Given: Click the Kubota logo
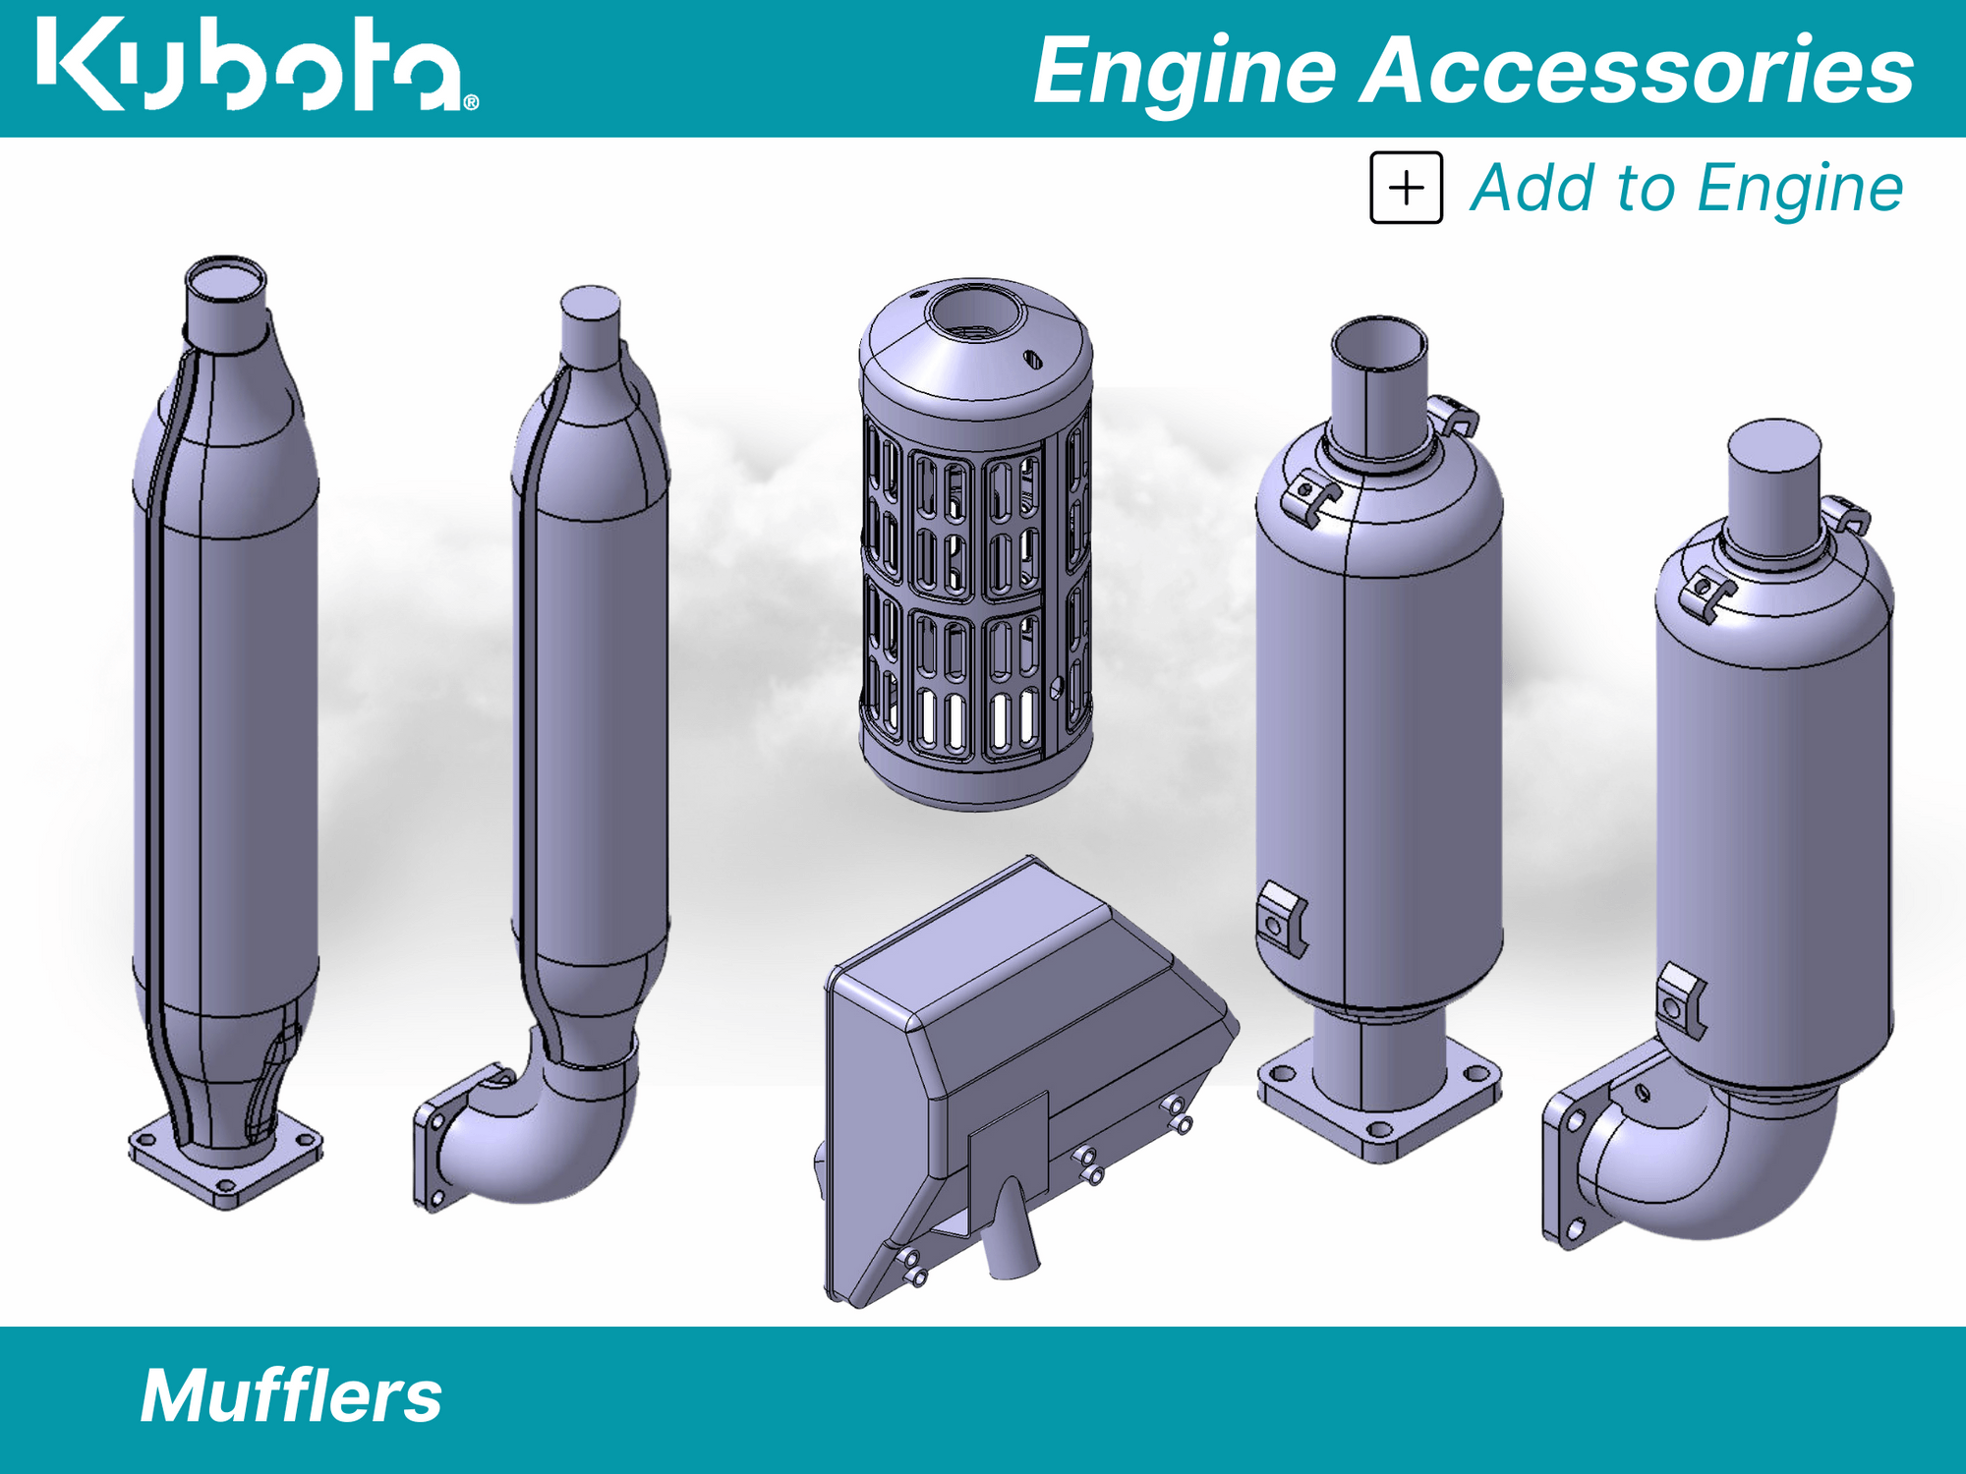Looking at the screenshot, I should [256, 65].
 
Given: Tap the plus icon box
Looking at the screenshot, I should [1406, 188].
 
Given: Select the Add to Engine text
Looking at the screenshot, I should [1686, 188].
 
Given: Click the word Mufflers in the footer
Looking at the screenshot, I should [291, 1396].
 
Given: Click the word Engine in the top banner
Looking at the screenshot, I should [1185, 71].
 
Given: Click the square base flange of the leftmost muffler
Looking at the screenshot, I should [226, 1169].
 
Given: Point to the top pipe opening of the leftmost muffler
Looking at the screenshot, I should [226, 280].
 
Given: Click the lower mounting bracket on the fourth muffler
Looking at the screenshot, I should [1281, 919].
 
